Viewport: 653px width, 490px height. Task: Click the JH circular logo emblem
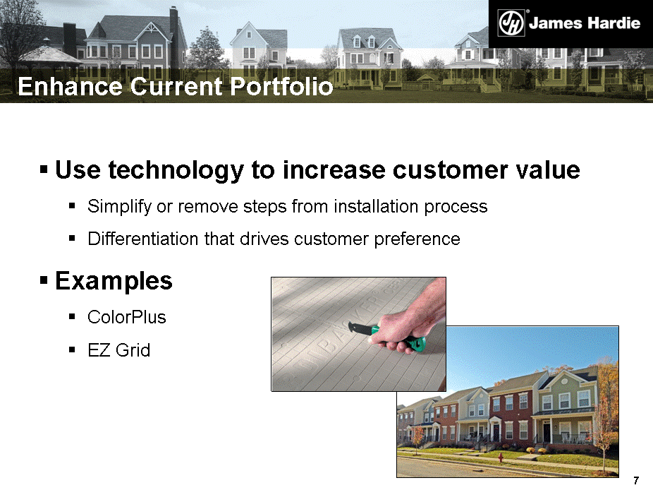pos(511,23)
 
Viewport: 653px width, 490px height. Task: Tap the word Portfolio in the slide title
pos(281,86)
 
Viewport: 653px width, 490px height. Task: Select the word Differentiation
pos(143,239)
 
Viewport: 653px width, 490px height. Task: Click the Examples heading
pos(114,280)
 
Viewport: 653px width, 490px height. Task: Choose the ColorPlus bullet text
pos(127,317)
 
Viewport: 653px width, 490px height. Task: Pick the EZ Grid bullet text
pos(118,350)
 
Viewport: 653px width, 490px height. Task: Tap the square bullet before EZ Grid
pos(72,350)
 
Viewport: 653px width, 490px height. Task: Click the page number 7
pos(636,480)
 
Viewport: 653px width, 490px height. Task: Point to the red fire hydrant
pos(501,458)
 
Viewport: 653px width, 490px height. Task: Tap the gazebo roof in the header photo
pos(49,54)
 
